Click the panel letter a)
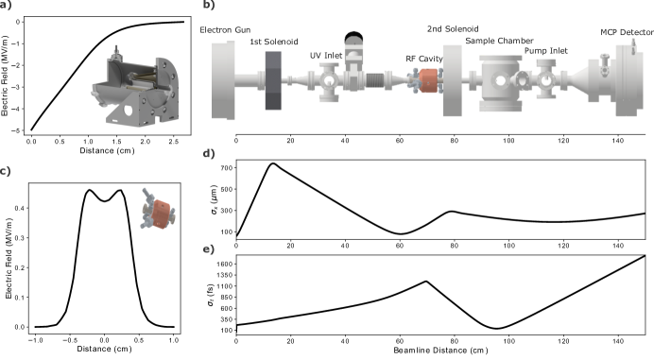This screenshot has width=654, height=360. (6, 5)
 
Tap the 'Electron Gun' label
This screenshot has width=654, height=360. (225, 30)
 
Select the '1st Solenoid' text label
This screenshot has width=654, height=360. (274, 42)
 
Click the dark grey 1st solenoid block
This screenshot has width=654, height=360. (273, 80)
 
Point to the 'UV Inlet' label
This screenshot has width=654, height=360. (326, 56)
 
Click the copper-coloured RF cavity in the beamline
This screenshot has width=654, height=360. (426, 80)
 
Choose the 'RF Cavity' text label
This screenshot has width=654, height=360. (424, 59)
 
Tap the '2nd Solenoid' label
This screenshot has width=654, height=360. (453, 29)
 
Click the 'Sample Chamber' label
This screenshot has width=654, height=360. (499, 41)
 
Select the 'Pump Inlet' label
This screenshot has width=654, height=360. (546, 51)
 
